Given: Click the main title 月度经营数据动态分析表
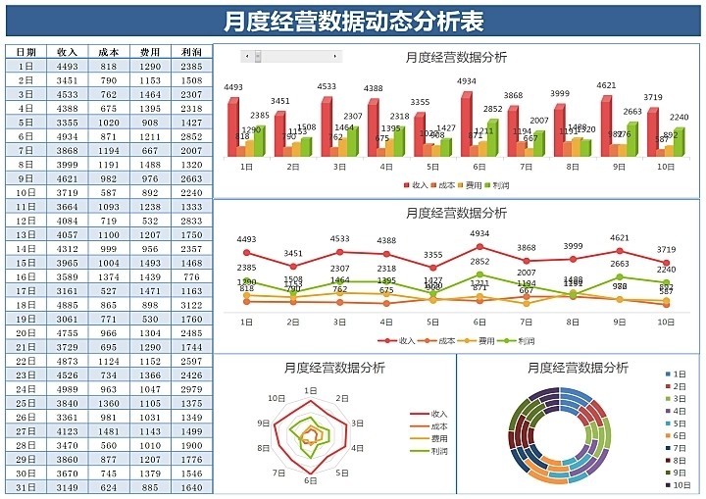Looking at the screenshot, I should click(352, 21).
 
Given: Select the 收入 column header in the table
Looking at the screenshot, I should click(68, 52).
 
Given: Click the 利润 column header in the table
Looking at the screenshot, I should click(192, 52).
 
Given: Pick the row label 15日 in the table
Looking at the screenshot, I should click(26, 263).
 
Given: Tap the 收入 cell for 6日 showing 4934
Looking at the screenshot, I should click(68, 136).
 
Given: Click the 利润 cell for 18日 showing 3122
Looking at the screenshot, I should click(192, 305).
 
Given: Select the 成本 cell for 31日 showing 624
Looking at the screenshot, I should click(109, 487).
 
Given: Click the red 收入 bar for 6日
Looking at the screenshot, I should click(467, 124).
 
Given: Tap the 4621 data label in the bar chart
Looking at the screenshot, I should click(607, 85).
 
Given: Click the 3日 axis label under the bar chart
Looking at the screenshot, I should click(338, 167).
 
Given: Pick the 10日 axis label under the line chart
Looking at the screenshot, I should click(665, 322).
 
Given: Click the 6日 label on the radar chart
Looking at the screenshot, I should click(310, 481).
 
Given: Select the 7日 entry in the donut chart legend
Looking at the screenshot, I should click(681, 448).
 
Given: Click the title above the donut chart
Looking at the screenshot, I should click(578, 368).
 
